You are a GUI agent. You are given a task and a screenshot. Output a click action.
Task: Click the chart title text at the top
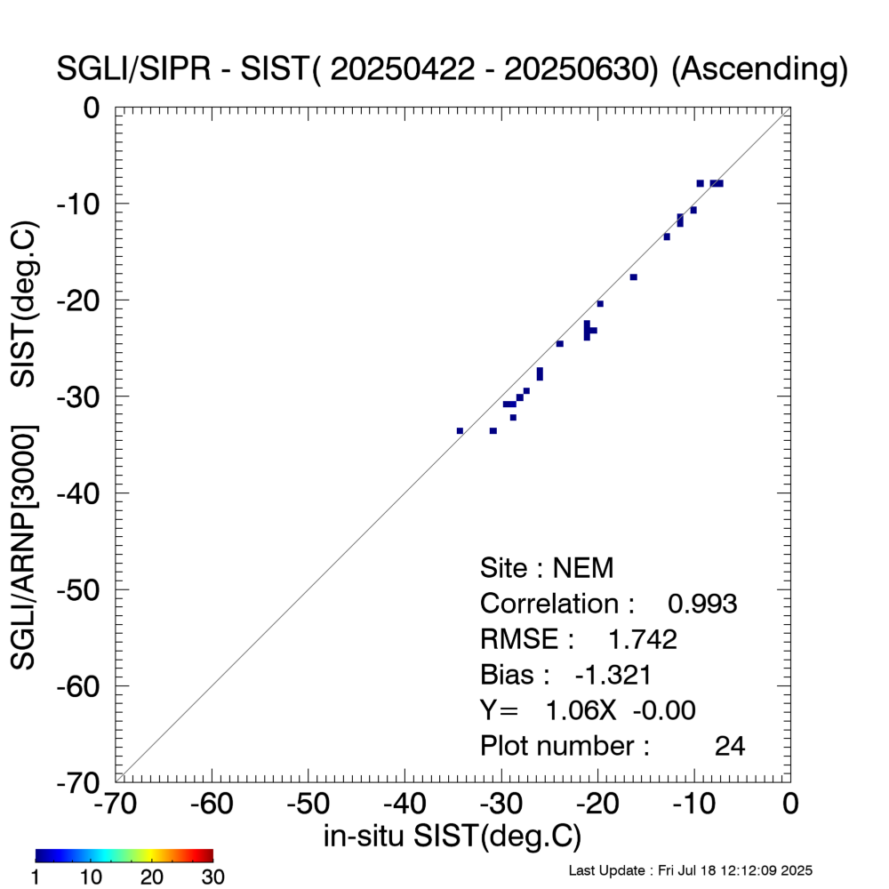(452, 69)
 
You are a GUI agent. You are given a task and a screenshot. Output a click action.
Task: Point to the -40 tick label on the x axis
(404, 805)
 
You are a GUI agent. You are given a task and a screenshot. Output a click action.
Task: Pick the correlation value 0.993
(702, 604)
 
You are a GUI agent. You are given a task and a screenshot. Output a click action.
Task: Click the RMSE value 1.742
(642, 639)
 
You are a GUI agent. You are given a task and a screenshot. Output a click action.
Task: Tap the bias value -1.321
(613, 675)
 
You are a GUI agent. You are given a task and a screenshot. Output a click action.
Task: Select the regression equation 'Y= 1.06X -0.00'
(588, 710)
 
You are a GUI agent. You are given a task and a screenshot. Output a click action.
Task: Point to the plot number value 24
(729, 746)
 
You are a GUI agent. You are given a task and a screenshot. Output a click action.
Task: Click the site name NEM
(583, 568)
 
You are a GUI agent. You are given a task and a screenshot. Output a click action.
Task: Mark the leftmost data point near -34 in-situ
(460, 431)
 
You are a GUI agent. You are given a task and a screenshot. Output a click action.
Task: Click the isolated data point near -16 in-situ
(634, 277)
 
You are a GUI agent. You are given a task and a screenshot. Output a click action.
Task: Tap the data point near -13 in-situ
(667, 236)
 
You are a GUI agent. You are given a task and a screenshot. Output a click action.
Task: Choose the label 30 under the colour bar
(212, 877)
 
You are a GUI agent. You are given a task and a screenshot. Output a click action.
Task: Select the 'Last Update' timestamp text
(690, 869)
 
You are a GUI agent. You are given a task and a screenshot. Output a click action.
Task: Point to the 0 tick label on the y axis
(92, 108)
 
